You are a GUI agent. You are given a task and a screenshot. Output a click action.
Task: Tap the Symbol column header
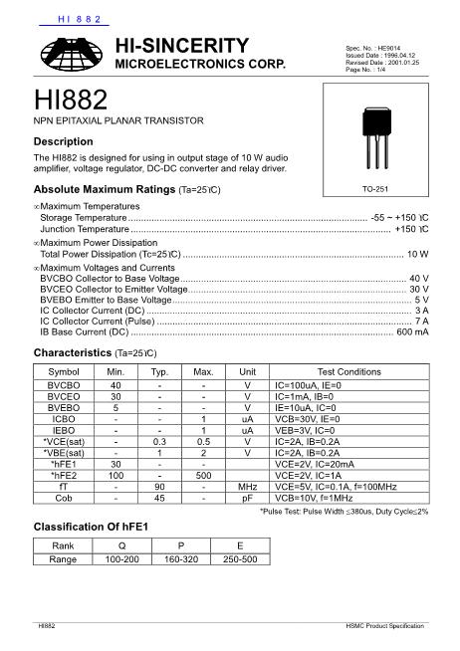64,371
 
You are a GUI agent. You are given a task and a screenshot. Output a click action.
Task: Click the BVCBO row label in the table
64,384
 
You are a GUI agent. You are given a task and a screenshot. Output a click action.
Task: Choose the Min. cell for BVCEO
116,396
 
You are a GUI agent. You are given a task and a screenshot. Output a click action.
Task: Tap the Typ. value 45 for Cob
159,499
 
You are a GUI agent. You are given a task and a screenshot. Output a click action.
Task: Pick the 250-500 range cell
240,559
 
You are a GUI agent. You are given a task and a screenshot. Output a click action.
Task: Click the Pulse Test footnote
344,511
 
